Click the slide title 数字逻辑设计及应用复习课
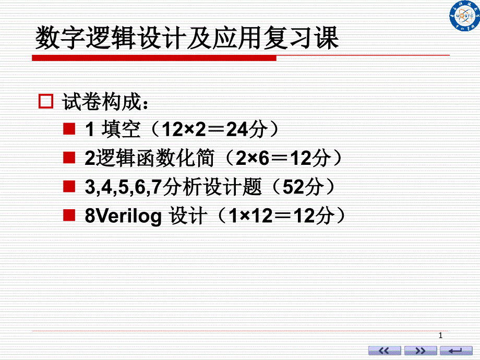tap(187, 39)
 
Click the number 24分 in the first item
tap(246, 130)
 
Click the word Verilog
tap(128, 216)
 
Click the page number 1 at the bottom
tap(441, 335)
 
